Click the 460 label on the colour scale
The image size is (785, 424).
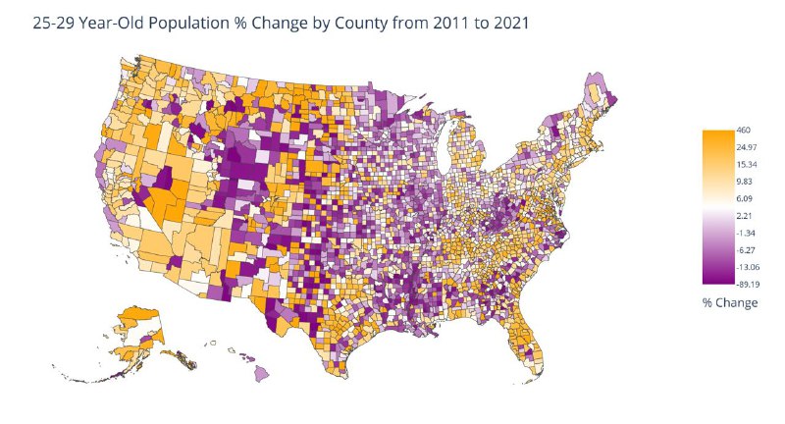744,131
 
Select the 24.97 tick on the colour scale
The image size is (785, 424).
747,147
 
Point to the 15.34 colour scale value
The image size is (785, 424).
747,165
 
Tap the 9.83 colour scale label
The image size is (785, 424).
745,182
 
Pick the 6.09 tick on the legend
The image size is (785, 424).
745,198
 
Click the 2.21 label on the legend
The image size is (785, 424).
744,216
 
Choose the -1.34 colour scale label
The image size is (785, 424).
746,234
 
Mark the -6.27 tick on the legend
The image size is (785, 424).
746,250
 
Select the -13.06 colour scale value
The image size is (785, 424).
748,267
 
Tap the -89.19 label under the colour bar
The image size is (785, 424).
748,285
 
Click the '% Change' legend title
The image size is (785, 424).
730,302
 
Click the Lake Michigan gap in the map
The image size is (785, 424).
443,145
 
